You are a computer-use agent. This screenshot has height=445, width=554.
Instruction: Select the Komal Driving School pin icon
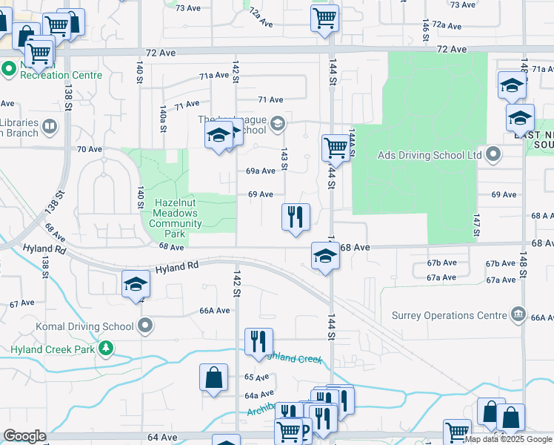pyautogui.click(x=146, y=326)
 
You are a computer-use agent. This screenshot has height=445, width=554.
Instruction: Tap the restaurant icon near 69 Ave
pyautogui.click(x=296, y=217)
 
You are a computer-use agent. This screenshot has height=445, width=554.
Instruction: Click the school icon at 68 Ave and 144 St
pyautogui.click(x=324, y=256)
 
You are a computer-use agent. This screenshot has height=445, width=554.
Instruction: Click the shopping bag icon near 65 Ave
pyautogui.click(x=213, y=377)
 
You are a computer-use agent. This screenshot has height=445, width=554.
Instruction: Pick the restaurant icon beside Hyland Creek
pyautogui.click(x=258, y=341)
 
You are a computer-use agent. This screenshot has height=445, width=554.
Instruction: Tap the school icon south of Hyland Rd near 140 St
pyautogui.click(x=136, y=284)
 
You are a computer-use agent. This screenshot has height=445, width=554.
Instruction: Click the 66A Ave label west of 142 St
pyautogui.click(x=215, y=311)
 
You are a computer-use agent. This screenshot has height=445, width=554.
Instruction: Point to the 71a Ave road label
pyautogui.click(x=214, y=75)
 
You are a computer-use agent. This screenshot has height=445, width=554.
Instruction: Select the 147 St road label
pyautogui.click(x=477, y=223)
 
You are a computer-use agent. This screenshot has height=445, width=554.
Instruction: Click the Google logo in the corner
pyautogui.click(x=24, y=436)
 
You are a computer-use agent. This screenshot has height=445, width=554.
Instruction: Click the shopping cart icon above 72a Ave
pyautogui.click(x=324, y=18)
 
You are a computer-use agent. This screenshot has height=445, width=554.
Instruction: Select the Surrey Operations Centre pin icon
pyautogui.click(x=518, y=314)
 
